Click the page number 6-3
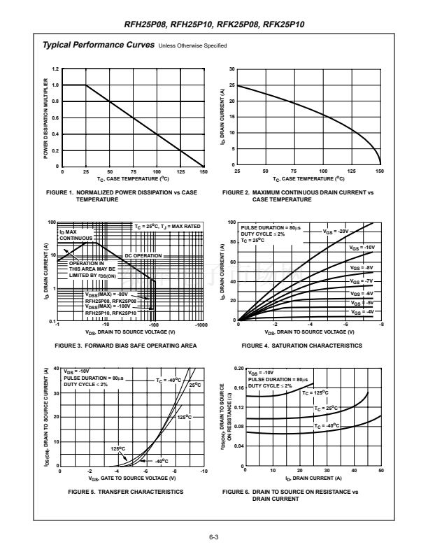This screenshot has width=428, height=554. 214,537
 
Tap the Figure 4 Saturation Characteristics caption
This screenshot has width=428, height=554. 302,346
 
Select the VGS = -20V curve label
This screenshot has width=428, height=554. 336,231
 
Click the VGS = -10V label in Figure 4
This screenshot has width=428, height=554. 362,248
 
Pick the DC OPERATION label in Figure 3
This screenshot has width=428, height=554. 143,256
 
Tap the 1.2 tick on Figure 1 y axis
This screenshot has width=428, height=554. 55,69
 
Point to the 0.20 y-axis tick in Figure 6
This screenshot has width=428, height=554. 238,368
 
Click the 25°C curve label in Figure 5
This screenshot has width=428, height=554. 195,385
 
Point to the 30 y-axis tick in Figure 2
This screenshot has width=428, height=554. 232,69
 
